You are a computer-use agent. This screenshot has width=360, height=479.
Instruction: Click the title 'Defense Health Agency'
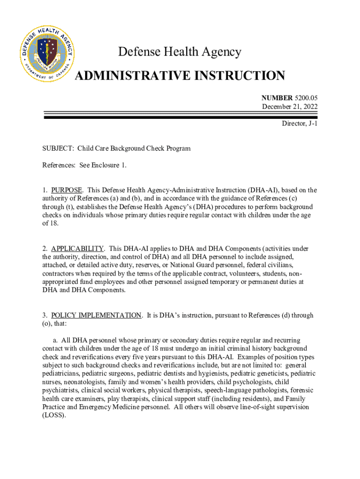(180, 52)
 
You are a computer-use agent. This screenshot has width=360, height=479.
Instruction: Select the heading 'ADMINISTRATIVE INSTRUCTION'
(180, 75)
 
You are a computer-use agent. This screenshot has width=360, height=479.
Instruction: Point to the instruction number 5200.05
(306, 98)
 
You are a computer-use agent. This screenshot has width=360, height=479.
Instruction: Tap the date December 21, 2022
(290, 107)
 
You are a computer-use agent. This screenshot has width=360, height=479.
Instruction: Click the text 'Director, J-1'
(300, 124)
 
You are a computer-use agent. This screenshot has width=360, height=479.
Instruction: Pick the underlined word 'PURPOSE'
(67, 190)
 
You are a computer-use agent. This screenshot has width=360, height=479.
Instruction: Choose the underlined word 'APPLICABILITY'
(77, 248)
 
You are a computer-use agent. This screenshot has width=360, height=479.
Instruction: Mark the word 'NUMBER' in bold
(276, 98)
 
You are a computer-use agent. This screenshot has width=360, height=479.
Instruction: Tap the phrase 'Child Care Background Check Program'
(134, 149)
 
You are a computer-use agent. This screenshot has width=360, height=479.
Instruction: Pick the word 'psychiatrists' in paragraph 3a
(60, 390)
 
